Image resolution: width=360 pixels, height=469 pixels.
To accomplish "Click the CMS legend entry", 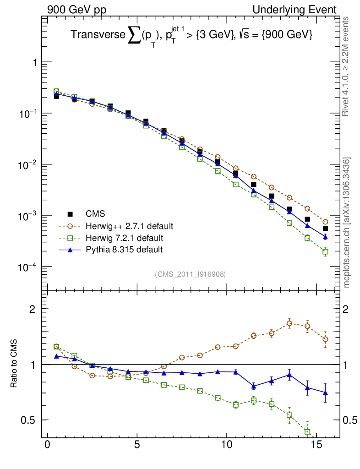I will (95, 214).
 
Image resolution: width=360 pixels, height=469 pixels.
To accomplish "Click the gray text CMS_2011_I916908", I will (190, 274).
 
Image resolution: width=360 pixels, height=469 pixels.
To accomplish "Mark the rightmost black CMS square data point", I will (325, 229).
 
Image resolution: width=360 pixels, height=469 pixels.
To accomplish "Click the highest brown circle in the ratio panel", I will (289, 323).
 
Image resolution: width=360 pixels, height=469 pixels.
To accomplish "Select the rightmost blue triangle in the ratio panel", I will (325, 393).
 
